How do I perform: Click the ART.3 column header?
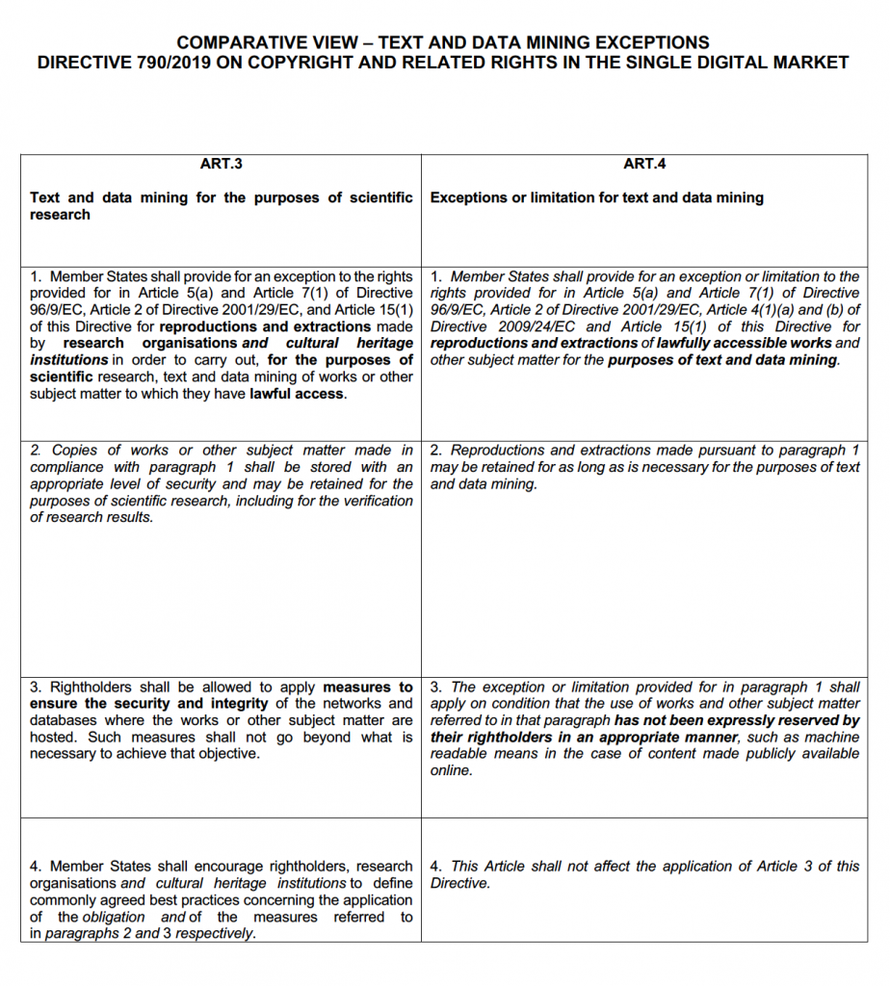221,164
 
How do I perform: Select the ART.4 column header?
644,164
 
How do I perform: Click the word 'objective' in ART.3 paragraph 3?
226,754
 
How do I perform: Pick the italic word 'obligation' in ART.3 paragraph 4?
114,917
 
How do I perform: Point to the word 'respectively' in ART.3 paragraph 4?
215,934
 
